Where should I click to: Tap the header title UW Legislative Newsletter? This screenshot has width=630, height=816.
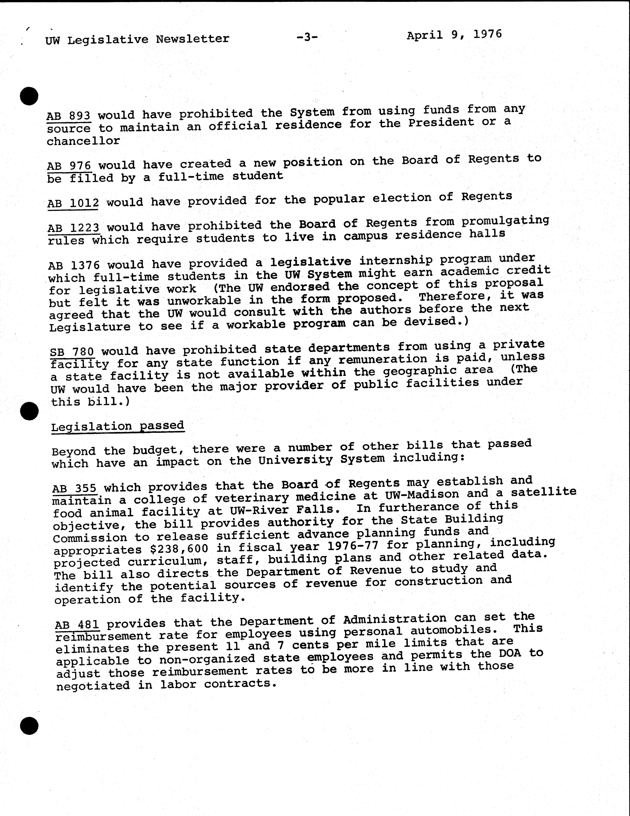[x=137, y=39]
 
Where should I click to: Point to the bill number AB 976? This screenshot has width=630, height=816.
[x=69, y=166]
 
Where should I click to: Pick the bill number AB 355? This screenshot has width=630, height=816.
[x=74, y=488]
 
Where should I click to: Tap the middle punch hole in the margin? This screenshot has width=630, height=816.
[x=29, y=411]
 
